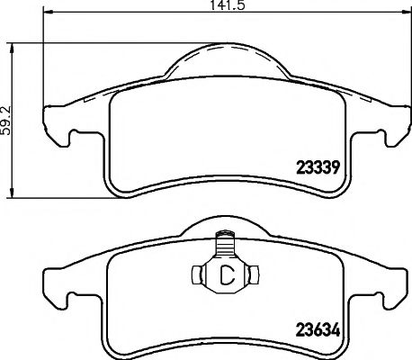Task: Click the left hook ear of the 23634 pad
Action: point(59,293)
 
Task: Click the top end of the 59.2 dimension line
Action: point(12,41)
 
